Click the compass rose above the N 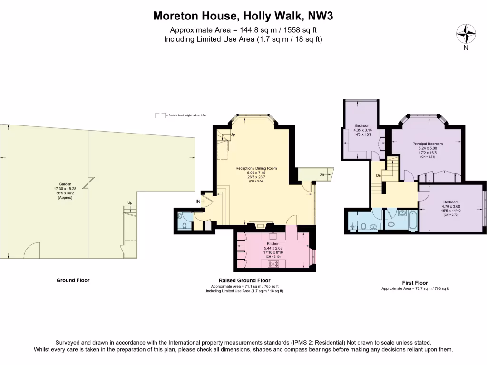click(466, 33)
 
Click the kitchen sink click(273, 236)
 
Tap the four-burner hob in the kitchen click(274, 263)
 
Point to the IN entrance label click(197, 202)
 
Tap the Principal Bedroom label click(427, 144)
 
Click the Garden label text click(65, 184)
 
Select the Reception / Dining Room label click(256, 168)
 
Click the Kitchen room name click(273, 243)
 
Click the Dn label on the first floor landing click(378, 176)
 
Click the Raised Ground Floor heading click(244, 280)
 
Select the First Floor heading click(414, 283)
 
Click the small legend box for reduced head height click(160, 115)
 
